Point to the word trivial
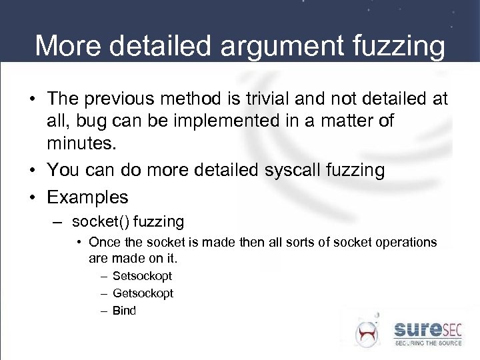[x=266, y=99]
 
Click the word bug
[x=89, y=122]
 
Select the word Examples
[x=87, y=197]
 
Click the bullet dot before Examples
[x=31, y=198]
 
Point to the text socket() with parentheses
[x=97, y=221]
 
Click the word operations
[x=402, y=242]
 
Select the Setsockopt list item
[x=142, y=276]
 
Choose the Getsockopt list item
[x=143, y=293]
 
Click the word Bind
[x=124, y=311]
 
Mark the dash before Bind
[x=105, y=311]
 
